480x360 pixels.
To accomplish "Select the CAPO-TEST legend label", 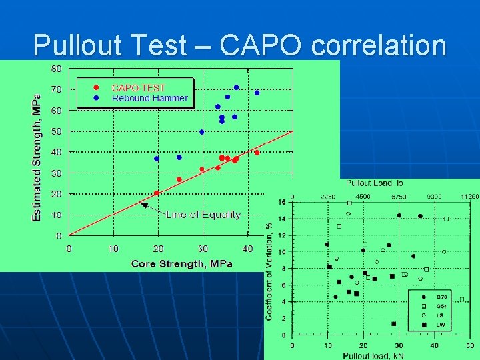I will pos(138,87).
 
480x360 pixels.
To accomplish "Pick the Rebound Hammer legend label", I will pos(149,98).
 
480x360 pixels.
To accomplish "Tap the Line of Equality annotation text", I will pos(202,214).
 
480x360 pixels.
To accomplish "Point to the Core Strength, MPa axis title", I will pos(182,263).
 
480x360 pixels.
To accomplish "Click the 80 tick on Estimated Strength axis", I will pos(56,68).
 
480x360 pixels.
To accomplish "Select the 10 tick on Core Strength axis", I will pos(114,249).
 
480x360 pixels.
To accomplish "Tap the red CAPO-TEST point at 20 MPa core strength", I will pos(157,193).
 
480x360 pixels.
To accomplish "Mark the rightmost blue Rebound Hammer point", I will pos(257,93).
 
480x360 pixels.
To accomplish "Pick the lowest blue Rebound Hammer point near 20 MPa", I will pos(157,159).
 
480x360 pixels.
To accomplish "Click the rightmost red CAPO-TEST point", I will pos(257,152).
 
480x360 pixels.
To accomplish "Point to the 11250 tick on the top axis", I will pos(469,196).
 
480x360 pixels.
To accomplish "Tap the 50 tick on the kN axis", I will pos(471,346).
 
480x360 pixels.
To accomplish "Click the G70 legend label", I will pos(442,297).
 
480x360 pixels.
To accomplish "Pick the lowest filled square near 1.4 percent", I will pos(394,323).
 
